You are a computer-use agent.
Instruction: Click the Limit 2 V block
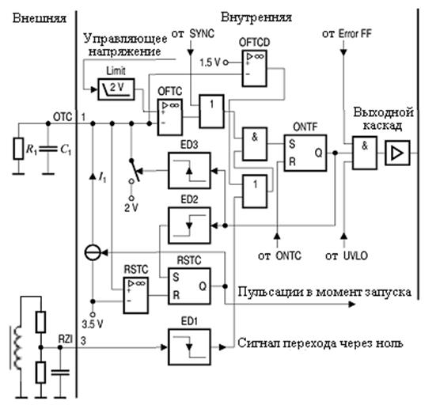coord(116,89)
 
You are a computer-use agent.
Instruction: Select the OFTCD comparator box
coord(254,68)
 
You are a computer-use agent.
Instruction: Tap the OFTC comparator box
coord(170,117)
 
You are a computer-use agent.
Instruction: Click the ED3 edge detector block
coord(189,170)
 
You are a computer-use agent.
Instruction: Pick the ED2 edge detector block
coord(189,225)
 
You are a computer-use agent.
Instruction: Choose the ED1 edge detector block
coord(189,347)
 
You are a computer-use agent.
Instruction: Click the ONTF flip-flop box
coord(305,153)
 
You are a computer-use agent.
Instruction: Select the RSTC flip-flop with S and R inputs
coord(189,286)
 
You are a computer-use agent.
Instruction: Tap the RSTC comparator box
coord(135,295)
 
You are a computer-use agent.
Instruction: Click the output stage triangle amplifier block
coord(397,153)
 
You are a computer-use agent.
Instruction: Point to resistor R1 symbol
coord(18,149)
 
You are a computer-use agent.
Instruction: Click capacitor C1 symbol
coord(48,150)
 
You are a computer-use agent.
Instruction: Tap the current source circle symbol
coord(93,253)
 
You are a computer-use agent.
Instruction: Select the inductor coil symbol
coord(17,347)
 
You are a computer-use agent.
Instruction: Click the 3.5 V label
coord(93,324)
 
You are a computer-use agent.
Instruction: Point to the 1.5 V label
coord(210,62)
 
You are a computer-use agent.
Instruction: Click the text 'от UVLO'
coord(347,255)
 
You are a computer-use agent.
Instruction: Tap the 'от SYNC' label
coord(193,34)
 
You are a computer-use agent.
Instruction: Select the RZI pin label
coord(66,339)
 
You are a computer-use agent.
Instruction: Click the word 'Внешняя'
coord(40,18)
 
